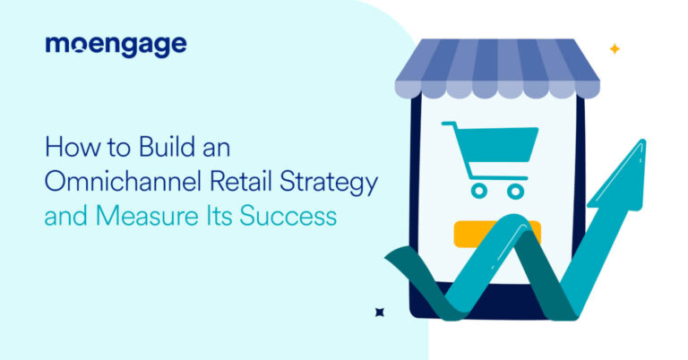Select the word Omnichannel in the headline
pos(106,183)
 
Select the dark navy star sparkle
pos(379,312)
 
